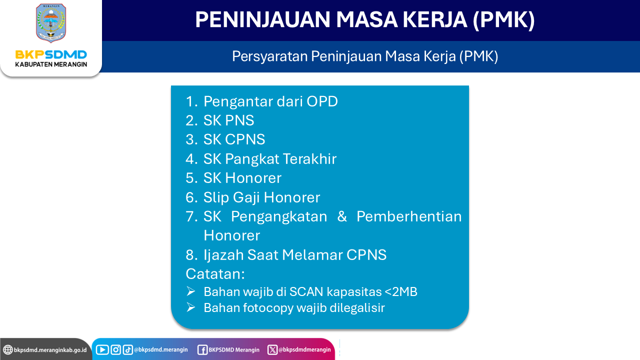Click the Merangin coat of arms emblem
tap(51, 23)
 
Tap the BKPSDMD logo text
tap(51, 54)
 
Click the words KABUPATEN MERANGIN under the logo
tap(51, 64)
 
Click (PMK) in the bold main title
tap(503, 20)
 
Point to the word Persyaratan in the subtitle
tap(269, 56)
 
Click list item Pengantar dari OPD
tap(270, 101)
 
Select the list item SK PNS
tap(228, 120)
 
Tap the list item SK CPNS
tap(234, 139)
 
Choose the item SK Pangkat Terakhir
tap(270, 159)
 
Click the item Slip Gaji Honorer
tap(261, 197)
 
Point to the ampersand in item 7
tap(342, 216)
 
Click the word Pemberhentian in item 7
tap(409, 216)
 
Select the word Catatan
tap(215, 274)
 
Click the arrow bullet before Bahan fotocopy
tap(191, 307)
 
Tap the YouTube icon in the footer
tap(102, 349)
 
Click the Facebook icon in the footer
tap(202, 350)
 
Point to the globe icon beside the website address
tap(8, 349)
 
